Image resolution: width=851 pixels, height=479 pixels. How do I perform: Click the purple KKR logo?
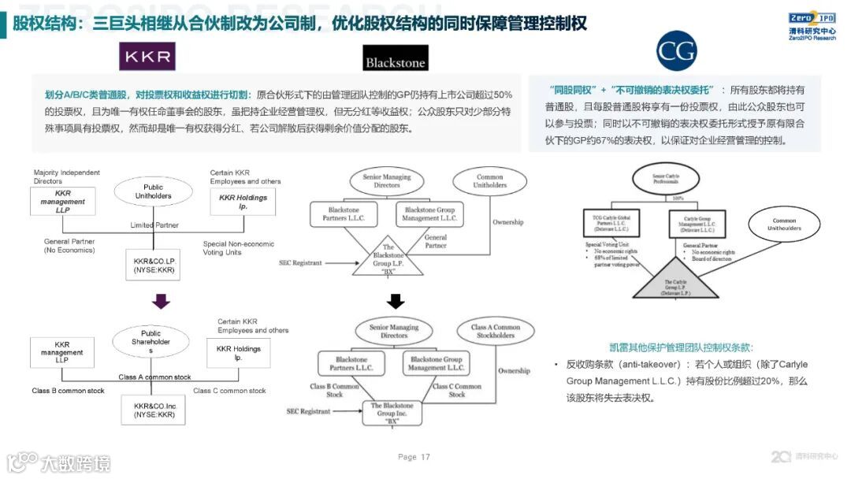click(x=147, y=56)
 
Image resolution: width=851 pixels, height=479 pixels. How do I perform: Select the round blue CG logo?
click(x=677, y=52)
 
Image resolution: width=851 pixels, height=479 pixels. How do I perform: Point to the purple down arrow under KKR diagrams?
click(x=161, y=301)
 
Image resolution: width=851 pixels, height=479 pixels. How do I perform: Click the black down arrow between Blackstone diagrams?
click(x=396, y=301)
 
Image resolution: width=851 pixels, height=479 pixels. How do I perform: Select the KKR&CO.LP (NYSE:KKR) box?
click(x=154, y=265)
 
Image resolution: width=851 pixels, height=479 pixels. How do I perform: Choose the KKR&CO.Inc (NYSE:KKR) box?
click(x=154, y=410)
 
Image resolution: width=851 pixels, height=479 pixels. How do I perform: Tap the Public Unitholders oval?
click(x=153, y=191)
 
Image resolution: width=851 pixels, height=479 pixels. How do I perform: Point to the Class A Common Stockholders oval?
click(x=496, y=332)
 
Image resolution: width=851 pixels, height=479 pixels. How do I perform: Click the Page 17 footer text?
click(x=414, y=457)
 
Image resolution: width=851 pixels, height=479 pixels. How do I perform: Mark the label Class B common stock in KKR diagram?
click(x=68, y=391)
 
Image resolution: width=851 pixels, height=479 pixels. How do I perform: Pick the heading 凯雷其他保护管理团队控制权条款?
click(x=682, y=347)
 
